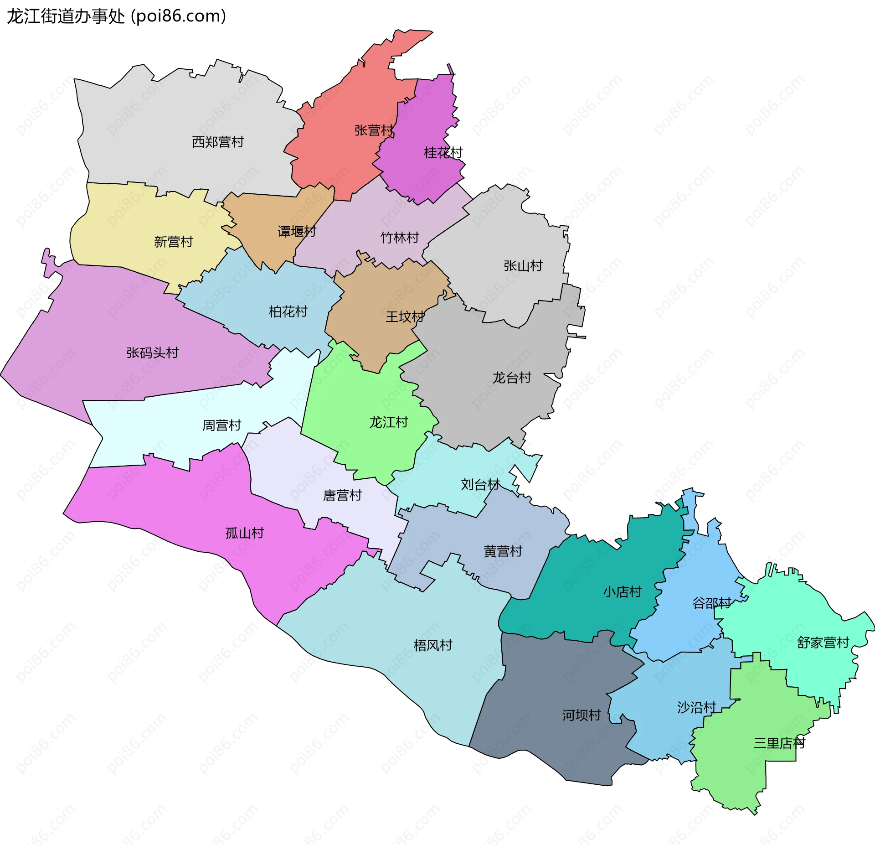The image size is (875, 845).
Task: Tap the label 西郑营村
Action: click(218, 142)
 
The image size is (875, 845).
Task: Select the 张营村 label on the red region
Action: click(374, 131)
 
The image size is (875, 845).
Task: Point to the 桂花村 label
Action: click(443, 153)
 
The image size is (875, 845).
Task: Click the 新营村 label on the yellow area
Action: click(174, 242)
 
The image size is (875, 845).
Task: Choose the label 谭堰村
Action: click(297, 232)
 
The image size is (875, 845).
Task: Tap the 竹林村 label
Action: click(400, 238)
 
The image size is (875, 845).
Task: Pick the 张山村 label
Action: click(523, 266)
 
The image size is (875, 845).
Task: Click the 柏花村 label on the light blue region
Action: click(288, 312)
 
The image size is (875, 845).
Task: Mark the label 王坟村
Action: click(405, 316)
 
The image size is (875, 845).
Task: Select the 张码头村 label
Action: click(153, 353)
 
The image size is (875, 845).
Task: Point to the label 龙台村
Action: click(512, 378)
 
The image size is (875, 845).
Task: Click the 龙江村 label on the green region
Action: click(389, 422)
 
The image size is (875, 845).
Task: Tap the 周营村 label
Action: click(222, 425)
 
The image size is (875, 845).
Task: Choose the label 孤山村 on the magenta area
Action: click(245, 533)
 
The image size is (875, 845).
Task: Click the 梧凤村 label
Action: click(433, 645)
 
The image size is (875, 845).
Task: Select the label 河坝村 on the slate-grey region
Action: click(582, 715)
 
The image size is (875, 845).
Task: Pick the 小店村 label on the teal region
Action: click(623, 592)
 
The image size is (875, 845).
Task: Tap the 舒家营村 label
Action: click(823, 643)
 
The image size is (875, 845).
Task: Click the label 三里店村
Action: click(779, 743)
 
